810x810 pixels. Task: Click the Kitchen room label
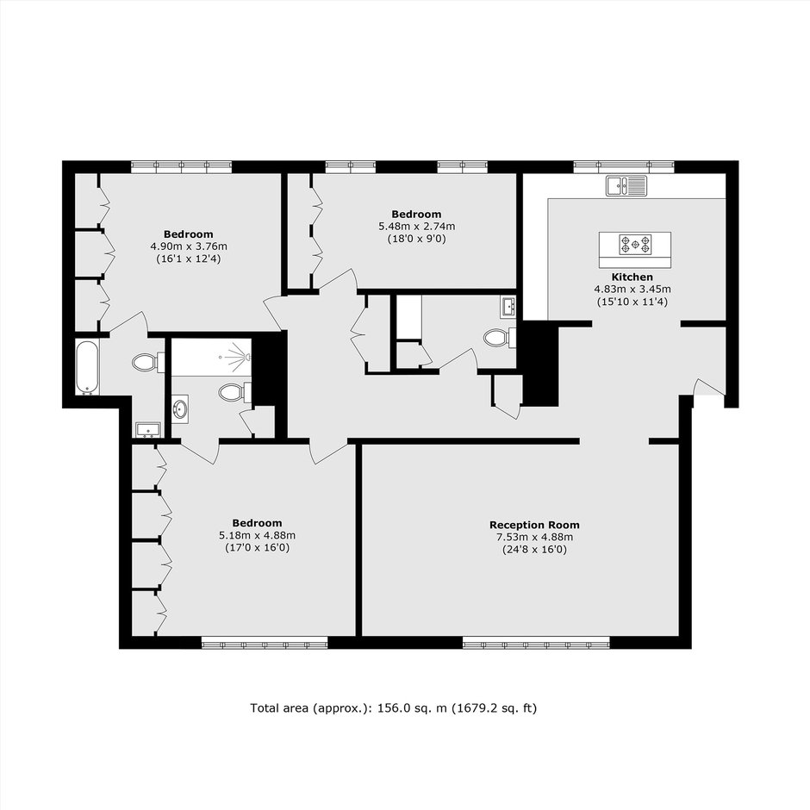coord(632,277)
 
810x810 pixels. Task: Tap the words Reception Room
coord(534,525)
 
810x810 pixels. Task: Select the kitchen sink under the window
coord(626,186)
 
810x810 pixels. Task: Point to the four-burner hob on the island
coord(635,245)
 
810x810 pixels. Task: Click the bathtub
coord(87,367)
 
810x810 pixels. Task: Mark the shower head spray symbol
coord(240,357)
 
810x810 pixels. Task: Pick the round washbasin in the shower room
coord(180,409)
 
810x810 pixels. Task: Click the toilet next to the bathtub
coord(147,362)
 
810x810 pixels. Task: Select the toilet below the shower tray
coord(234,392)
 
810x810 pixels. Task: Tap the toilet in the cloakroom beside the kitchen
coord(500,339)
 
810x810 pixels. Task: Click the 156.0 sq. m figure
coord(412,707)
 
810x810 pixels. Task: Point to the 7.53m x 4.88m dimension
coord(534,537)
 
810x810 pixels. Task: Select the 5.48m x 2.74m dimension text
coord(417,227)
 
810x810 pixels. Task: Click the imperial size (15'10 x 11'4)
coord(632,302)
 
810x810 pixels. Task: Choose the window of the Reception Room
coord(536,643)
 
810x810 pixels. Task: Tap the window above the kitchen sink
coord(624,166)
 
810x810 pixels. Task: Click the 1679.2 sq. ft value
coord(494,707)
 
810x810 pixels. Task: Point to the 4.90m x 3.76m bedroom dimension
coord(189,246)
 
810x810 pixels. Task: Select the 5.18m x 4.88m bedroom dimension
coord(258,535)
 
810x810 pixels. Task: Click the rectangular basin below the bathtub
coord(148,430)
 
